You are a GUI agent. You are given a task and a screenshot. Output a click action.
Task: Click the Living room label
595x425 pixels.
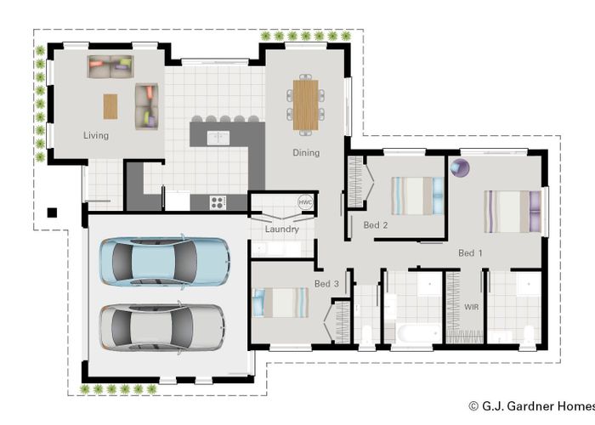96,135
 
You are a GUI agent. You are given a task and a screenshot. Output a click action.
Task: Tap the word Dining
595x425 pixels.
306,153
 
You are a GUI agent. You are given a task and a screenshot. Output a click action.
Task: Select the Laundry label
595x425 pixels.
282,229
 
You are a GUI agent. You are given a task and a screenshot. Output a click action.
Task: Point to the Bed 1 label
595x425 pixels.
470,253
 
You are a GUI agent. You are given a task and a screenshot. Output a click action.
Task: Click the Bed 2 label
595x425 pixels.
376,225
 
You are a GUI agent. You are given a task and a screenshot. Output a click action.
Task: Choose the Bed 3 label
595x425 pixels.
326,283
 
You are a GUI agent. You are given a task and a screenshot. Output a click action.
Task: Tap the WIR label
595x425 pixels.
471,307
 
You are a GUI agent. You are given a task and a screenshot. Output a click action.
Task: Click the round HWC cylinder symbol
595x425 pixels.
305,202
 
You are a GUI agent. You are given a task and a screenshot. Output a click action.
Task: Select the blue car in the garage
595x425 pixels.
165,262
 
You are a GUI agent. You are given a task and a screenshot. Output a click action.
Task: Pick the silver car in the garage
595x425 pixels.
162,326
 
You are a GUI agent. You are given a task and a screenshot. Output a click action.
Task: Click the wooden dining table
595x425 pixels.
305,105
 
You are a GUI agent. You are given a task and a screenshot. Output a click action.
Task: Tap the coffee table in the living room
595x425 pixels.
110,106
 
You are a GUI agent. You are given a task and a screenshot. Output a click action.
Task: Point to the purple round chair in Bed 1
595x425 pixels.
460,167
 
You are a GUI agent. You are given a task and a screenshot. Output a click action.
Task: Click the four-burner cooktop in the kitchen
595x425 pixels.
218,202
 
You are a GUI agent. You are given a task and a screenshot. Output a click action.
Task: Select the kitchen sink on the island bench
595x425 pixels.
218,138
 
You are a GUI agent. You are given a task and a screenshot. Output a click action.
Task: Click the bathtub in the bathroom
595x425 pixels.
419,334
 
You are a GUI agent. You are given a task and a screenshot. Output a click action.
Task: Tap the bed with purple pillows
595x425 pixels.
513,212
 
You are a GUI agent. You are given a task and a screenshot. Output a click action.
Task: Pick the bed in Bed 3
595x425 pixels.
280,303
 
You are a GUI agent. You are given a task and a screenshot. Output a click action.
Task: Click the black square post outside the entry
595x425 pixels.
52,212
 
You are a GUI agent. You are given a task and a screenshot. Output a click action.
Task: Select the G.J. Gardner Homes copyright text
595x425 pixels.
531,406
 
